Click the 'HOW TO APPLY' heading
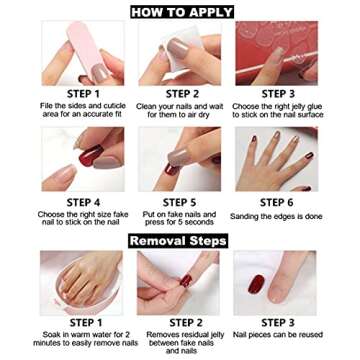(x=180, y=12)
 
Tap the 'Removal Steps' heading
(x=179, y=241)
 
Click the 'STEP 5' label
(x=180, y=202)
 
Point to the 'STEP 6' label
(x=276, y=202)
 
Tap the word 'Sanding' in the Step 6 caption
(x=247, y=215)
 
